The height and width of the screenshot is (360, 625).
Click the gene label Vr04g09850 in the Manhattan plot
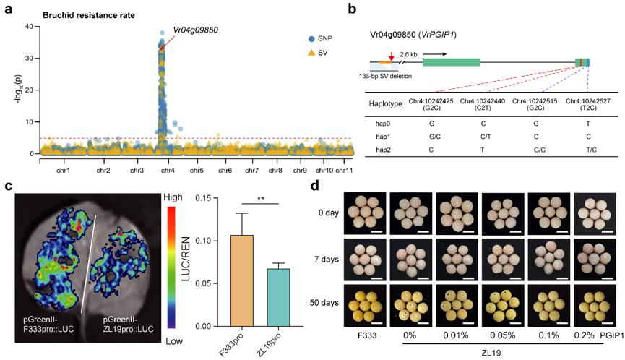click(x=195, y=30)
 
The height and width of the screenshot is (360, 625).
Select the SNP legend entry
click(x=321, y=38)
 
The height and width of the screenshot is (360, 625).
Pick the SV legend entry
click(x=318, y=53)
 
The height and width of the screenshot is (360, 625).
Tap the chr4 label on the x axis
click(x=168, y=170)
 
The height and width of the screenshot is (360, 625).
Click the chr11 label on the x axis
click(x=344, y=170)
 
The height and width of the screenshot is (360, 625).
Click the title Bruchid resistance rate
click(x=89, y=16)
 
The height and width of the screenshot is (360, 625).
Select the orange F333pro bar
click(x=242, y=280)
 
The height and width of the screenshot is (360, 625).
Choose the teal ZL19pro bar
click(x=279, y=297)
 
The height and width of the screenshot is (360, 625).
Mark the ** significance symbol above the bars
click(x=261, y=199)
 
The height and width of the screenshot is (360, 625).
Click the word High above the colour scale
click(x=173, y=197)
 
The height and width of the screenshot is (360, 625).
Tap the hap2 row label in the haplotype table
click(x=383, y=150)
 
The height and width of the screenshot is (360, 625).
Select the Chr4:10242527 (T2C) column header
click(x=588, y=104)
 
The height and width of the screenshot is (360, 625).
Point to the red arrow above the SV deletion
click(x=392, y=56)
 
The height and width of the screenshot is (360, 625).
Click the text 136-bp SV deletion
click(x=385, y=76)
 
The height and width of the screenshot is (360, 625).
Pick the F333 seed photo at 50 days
click(x=365, y=305)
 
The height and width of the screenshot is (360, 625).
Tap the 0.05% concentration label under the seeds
click(x=503, y=335)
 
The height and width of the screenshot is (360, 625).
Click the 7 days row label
click(x=326, y=260)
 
